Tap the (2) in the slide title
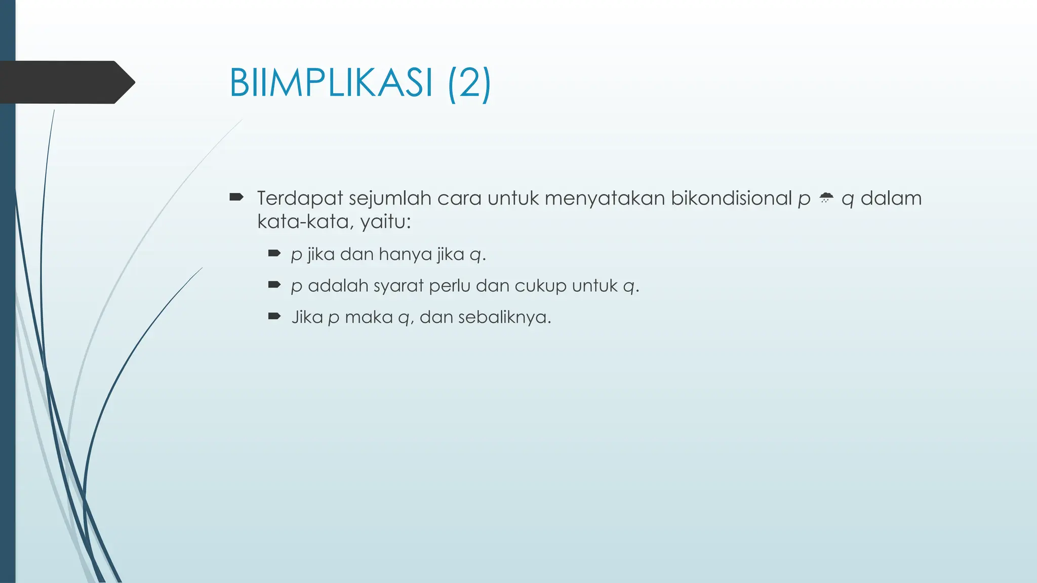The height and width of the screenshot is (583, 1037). click(x=469, y=82)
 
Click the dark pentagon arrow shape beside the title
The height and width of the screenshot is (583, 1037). click(x=66, y=82)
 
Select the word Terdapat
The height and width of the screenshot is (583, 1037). click(x=300, y=198)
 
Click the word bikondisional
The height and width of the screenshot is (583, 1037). click(x=731, y=198)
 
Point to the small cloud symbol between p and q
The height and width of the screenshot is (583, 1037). click(x=826, y=198)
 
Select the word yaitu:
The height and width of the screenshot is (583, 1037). click(x=385, y=222)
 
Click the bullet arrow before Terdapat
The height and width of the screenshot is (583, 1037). click(x=236, y=197)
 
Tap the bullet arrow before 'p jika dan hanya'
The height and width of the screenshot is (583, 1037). click(x=274, y=253)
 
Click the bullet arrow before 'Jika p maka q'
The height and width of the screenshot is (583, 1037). click(x=274, y=316)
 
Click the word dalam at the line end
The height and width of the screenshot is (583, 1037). click(x=891, y=198)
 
